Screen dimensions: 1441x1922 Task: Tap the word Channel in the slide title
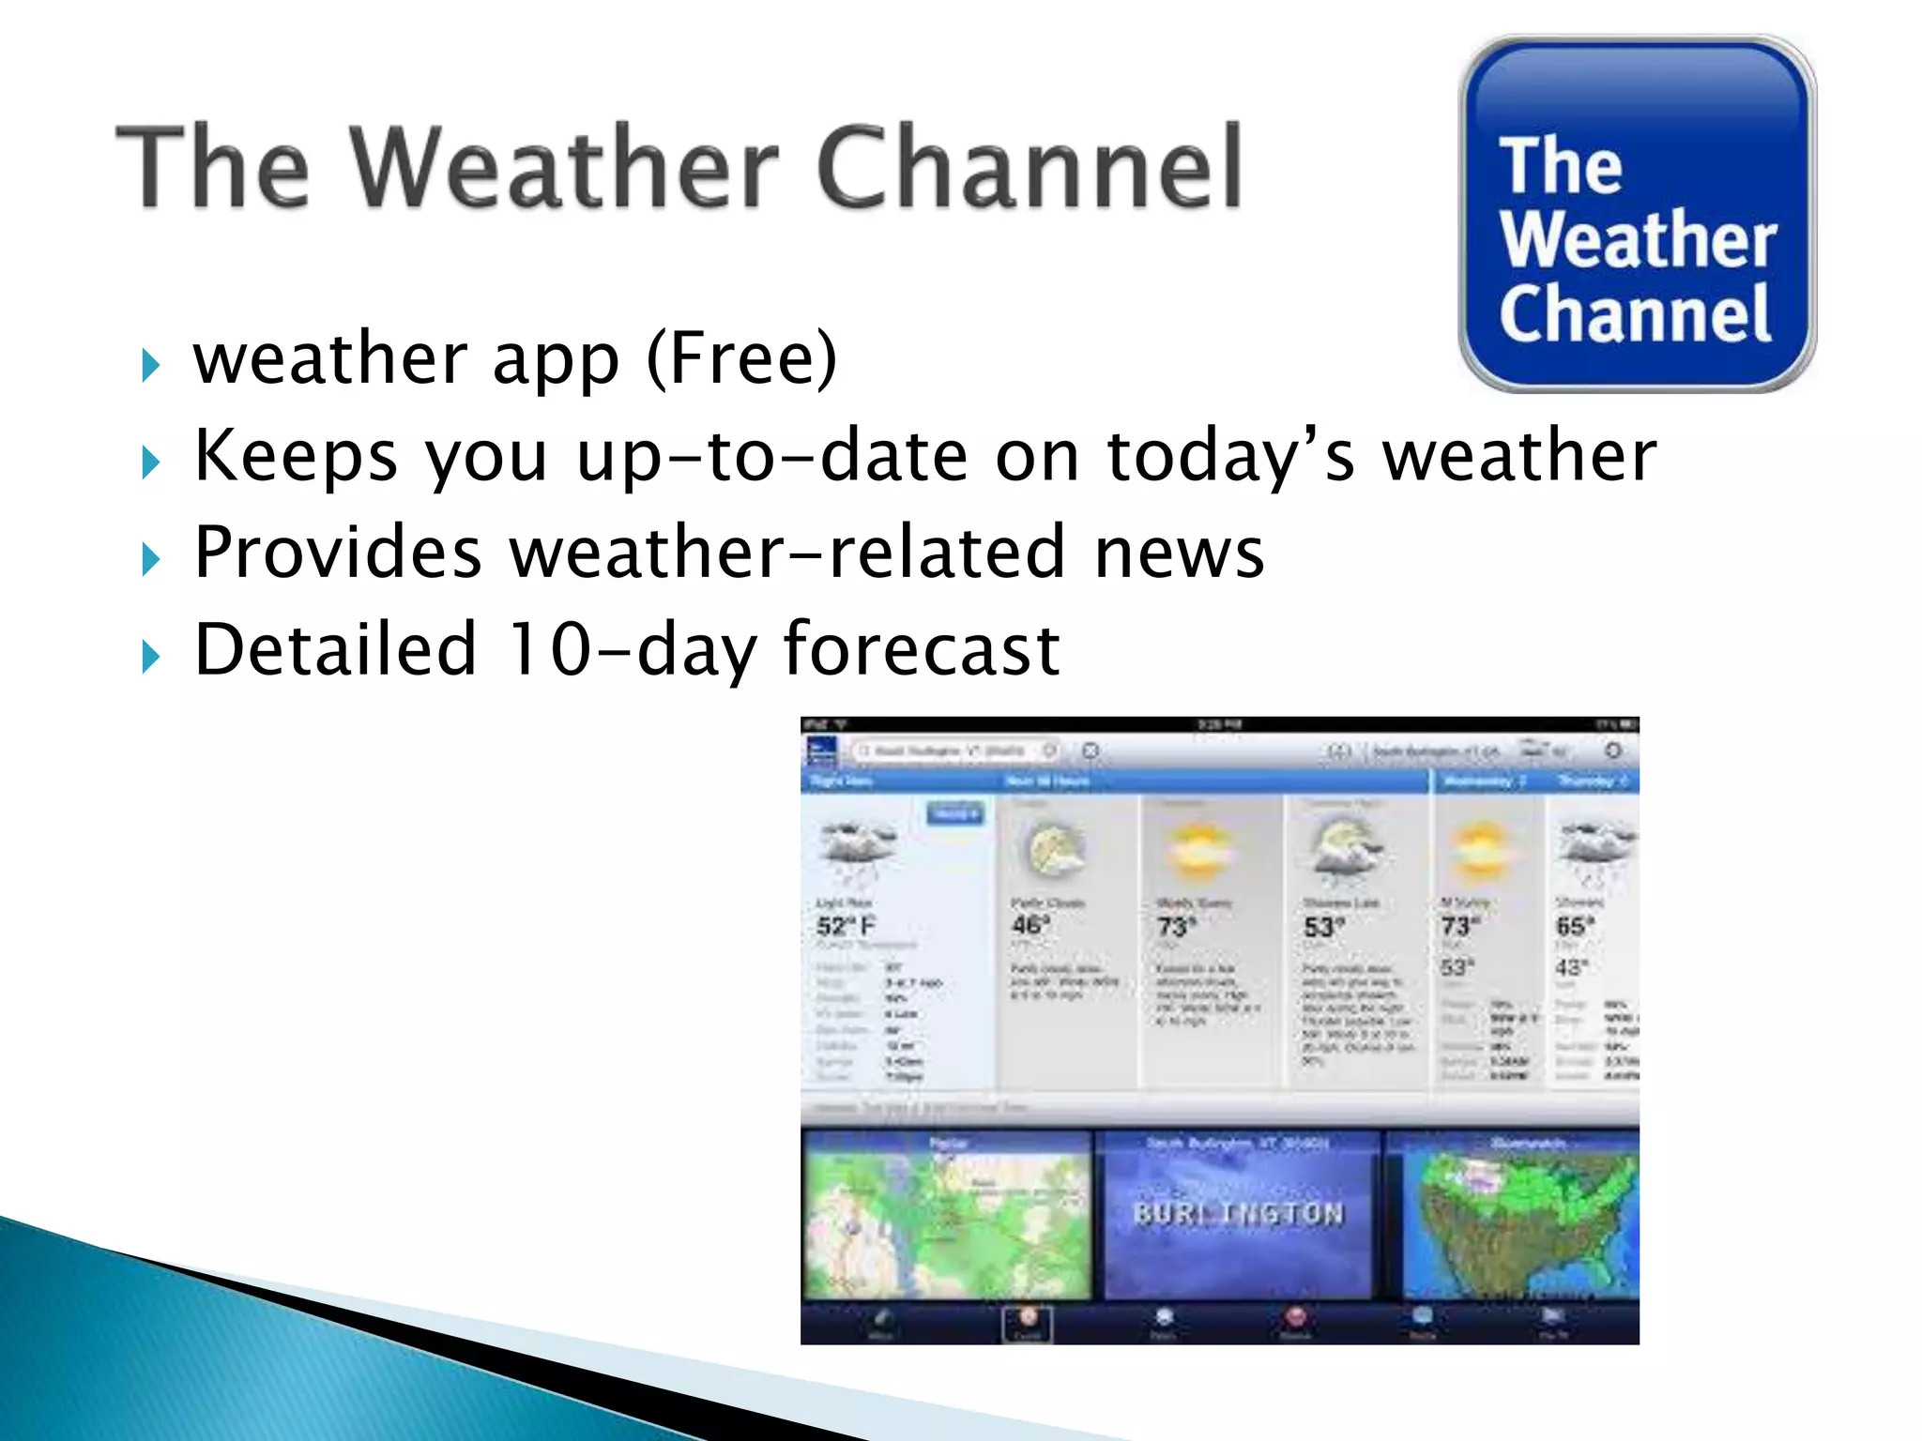pyautogui.click(x=1029, y=169)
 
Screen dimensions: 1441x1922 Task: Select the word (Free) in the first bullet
pyautogui.click(x=741, y=359)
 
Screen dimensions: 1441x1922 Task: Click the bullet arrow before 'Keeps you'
pyautogui.click(x=150, y=462)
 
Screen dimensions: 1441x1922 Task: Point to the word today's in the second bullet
pyautogui.click(x=1230, y=457)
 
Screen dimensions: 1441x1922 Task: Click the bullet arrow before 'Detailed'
pyautogui.click(x=150, y=657)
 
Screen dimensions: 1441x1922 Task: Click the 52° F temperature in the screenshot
pyautogui.click(x=845, y=926)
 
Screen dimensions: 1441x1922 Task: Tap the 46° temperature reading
pyautogui.click(x=1030, y=925)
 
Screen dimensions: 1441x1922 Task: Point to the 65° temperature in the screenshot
pyautogui.click(x=1574, y=926)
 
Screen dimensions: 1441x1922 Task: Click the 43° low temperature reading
pyautogui.click(x=1571, y=967)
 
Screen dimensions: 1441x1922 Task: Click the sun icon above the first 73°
pyautogui.click(x=1197, y=851)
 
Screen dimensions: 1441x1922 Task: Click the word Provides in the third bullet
pyautogui.click(x=337, y=553)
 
